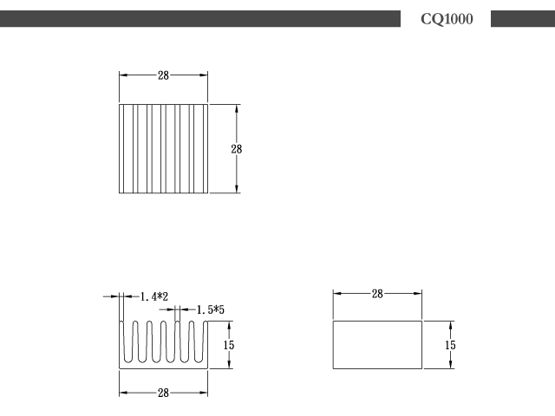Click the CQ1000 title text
coord(447,19)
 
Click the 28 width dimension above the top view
coord(163,75)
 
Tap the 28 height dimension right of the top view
coord(237,149)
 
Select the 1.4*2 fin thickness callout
coord(154,296)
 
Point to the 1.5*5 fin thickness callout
coord(210,310)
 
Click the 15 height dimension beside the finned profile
coord(229,345)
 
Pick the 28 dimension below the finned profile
coord(163,393)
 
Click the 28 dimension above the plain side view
coord(377,294)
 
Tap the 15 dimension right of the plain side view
coord(450,345)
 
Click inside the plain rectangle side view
coord(377,345)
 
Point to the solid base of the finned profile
coord(163,366)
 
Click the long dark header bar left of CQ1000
coord(200,19)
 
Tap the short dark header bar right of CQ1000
coord(523,19)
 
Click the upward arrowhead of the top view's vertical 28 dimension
coord(237,108)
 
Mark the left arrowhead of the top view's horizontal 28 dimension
coord(123,75)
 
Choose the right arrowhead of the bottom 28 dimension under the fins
coord(204,393)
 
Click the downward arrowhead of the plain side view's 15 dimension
coord(450,365)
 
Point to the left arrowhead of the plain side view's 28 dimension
coord(337,293)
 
